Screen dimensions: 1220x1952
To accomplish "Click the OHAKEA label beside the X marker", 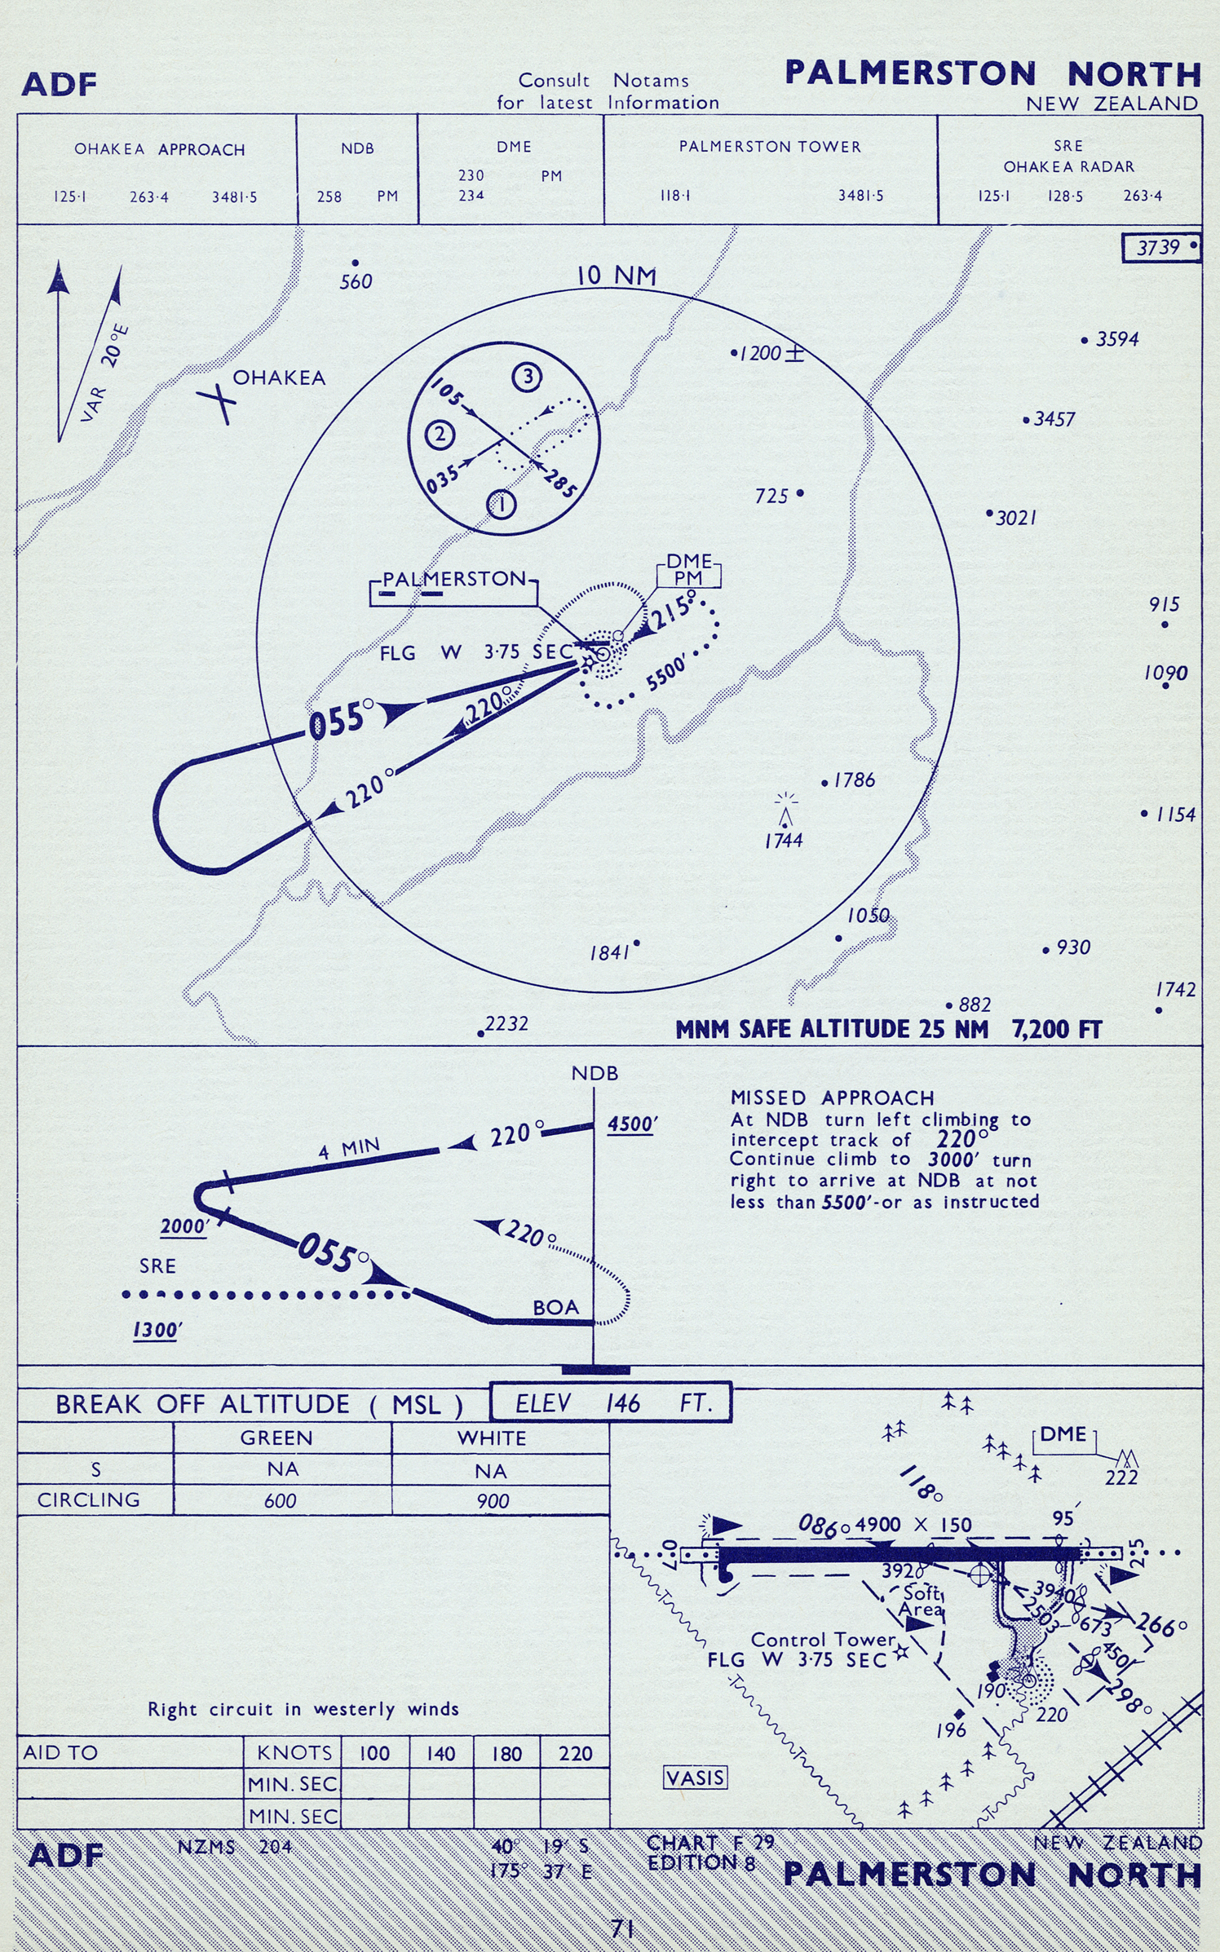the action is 279,378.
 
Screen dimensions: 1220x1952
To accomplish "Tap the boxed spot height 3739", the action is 1161,248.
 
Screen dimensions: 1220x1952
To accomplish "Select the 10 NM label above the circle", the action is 617,276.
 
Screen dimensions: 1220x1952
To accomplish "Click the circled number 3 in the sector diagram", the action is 528,377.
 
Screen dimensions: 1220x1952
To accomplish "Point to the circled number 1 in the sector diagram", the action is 502,505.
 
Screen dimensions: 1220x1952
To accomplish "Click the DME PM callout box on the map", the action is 689,570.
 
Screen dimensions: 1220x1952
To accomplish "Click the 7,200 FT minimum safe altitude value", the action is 1057,1030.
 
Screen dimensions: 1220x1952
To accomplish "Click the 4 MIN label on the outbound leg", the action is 349,1149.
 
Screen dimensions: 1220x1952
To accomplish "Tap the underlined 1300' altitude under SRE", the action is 157,1331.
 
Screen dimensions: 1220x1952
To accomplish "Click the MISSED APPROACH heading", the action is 832,1097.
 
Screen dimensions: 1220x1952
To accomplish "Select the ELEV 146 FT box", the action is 611,1402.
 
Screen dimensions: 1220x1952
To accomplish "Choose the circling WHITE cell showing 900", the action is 493,1501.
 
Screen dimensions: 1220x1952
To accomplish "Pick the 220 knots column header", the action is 575,1753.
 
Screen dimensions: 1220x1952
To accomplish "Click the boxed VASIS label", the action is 695,1778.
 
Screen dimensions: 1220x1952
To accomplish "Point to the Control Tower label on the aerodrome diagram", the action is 822,1639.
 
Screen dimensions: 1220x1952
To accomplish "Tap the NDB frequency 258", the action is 329,197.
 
